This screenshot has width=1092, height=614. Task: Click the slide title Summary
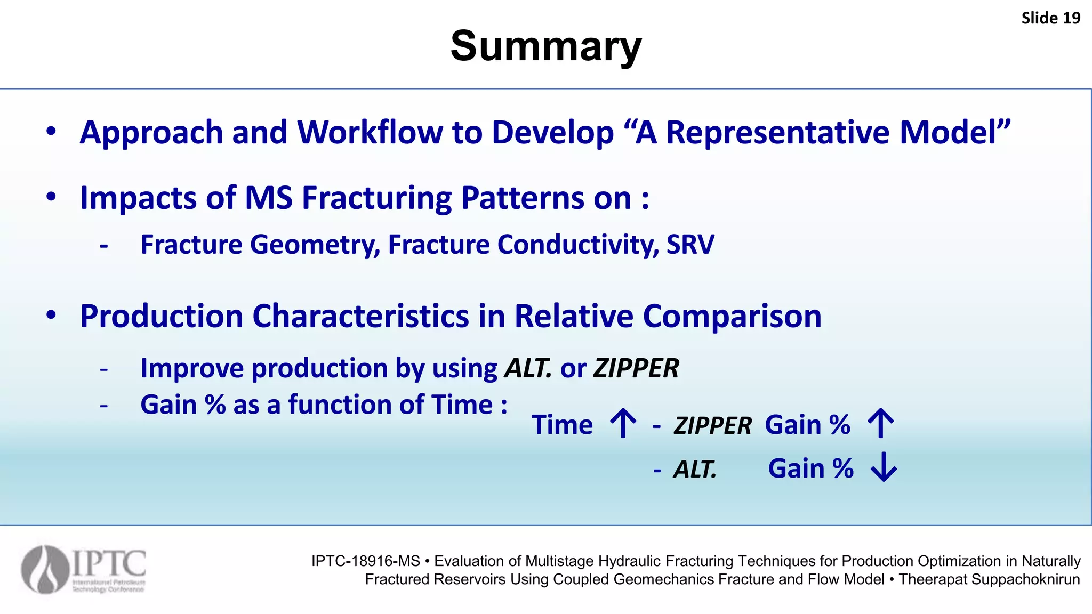point(545,46)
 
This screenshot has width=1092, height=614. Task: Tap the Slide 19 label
point(1050,18)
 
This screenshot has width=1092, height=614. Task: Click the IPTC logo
point(84,569)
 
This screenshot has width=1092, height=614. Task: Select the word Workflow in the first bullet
point(370,132)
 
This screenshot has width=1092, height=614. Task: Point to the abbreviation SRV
point(690,245)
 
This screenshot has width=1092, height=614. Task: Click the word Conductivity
point(578,245)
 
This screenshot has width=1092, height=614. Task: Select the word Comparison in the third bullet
point(732,316)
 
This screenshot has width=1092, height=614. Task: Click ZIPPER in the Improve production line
point(636,368)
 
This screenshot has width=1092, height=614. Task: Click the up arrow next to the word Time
point(623,424)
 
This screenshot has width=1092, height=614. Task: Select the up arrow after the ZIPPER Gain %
point(880,424)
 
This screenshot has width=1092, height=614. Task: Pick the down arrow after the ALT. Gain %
point(884,467)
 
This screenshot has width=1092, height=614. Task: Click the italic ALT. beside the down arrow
point(695,470)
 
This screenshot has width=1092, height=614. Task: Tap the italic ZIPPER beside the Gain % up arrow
point(712,426)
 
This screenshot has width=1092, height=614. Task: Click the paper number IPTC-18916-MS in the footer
point(366,561)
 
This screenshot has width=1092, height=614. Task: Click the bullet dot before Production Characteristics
point(51,316)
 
